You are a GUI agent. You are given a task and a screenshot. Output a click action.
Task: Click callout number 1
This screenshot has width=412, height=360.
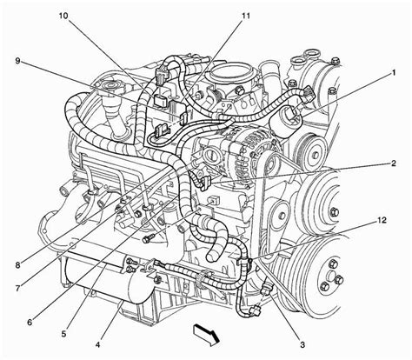coord(393,73)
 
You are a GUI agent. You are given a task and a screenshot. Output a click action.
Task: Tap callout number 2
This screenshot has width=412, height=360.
coord(393,163)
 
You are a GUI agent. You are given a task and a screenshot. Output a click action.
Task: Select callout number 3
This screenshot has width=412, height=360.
coord(302,345)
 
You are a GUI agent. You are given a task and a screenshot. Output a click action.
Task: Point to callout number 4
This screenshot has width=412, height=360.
coord(97,345)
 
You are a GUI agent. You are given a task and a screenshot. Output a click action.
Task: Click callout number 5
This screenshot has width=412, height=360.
coord(63,334)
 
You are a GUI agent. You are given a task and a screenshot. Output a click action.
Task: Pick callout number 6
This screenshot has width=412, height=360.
coord(30,322)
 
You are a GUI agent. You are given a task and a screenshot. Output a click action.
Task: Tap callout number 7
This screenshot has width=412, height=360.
coord(18,289)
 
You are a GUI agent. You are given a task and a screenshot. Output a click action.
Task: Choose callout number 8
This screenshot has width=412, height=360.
coord(18,264)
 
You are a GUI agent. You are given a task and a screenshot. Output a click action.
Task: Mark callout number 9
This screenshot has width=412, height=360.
coord(18,61)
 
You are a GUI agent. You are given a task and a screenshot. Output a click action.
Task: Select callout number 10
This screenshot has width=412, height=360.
coord(63,16)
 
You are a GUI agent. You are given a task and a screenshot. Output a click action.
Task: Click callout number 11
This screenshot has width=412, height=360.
coord(245,16)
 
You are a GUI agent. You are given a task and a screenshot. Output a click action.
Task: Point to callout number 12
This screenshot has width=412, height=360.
coord(382,220)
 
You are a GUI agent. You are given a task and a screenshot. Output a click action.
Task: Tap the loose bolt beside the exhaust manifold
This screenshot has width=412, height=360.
coord(147,239)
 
